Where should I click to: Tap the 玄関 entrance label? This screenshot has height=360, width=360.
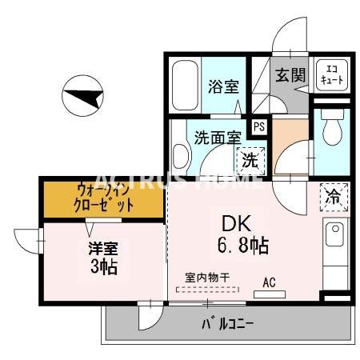290,76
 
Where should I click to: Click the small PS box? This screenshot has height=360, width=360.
258,126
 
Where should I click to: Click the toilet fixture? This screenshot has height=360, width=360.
330,128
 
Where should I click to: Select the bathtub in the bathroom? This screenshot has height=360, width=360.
183,86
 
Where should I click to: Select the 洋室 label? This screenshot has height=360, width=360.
101,248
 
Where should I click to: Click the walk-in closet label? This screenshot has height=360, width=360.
105,198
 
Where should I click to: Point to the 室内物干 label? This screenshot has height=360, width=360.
207,276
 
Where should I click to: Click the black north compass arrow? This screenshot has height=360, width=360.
86,98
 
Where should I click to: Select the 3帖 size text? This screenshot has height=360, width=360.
103,266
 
